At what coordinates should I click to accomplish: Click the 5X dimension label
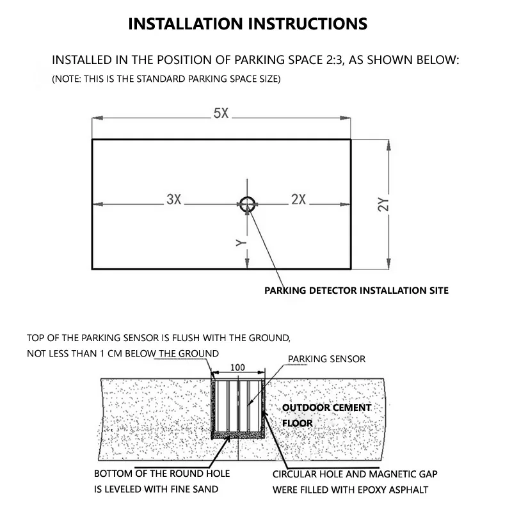(x=221, y=113)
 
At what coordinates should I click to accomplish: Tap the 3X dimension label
(x=173, y=199)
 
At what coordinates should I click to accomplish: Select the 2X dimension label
(x=298, y=199)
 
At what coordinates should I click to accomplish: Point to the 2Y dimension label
(x=383, y=205)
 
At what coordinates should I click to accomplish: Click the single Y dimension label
(x=241, y=243)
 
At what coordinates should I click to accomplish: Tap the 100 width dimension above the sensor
(x=237, y=367)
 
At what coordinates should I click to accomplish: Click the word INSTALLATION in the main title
(x=186, y=24)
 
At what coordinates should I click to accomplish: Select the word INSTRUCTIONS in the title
(x=308, y=24)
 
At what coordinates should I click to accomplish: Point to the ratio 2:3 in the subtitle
(x=335, y=60)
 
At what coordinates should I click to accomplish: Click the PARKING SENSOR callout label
(x=326, y=359)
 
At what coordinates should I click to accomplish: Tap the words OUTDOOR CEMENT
(x=326, y=408)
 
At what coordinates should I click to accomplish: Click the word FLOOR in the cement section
(x=298, y=423)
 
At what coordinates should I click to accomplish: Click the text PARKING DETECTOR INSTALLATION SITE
(x=356, y=291)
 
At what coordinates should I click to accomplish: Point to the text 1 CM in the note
(x=111, y=354)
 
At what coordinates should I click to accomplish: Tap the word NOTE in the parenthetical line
(x=67, y=79)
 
